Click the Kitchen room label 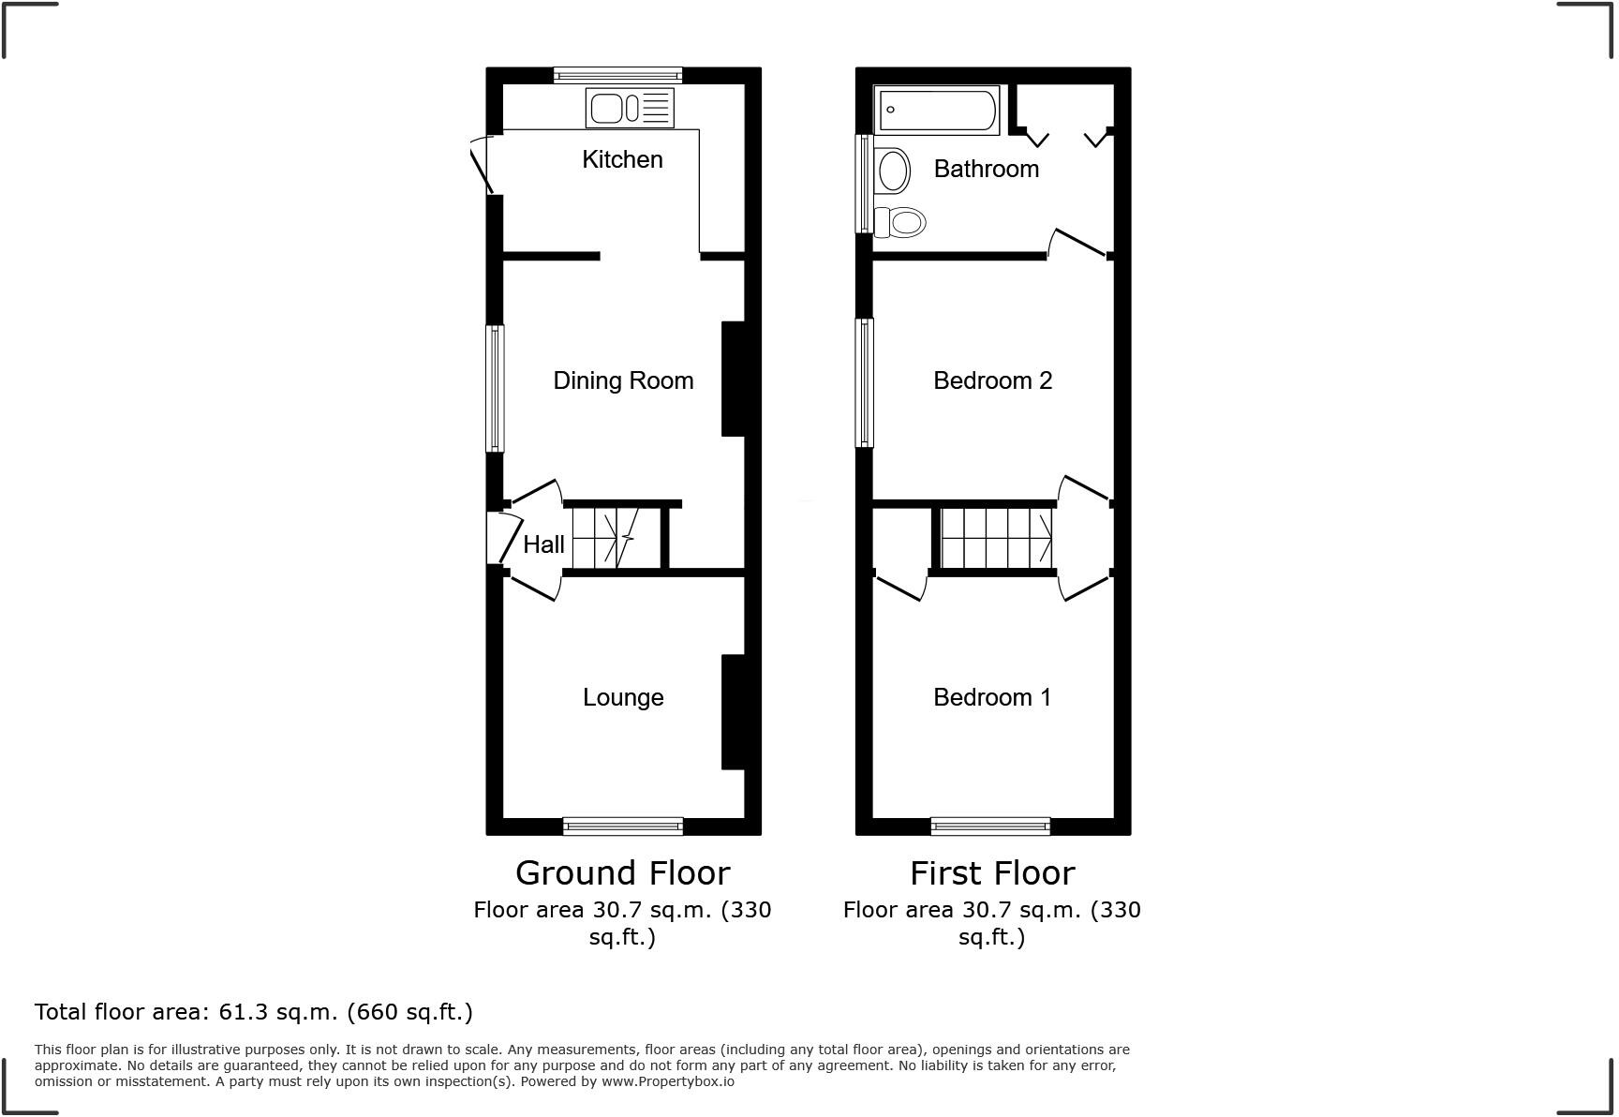click(622, 159)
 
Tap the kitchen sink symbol click(630, 108)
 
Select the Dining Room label click(623, 380)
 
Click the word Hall click(543, 544)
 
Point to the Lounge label click(623, 697)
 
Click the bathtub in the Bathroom click(936, 110)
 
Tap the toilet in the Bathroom click(900, 222)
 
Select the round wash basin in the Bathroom click(893, 171)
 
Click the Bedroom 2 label click(992, 380)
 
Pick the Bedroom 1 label click(992, 697)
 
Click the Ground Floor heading click(622, 873)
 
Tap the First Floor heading click(992, 873)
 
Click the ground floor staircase click(604, 538)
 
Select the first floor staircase click(996, 538)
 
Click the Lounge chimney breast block click(733, 712)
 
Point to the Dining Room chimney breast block click(733, 380)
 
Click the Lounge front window click(623, 826)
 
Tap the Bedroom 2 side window click(866, 382)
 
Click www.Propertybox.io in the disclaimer click(667, 1081)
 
